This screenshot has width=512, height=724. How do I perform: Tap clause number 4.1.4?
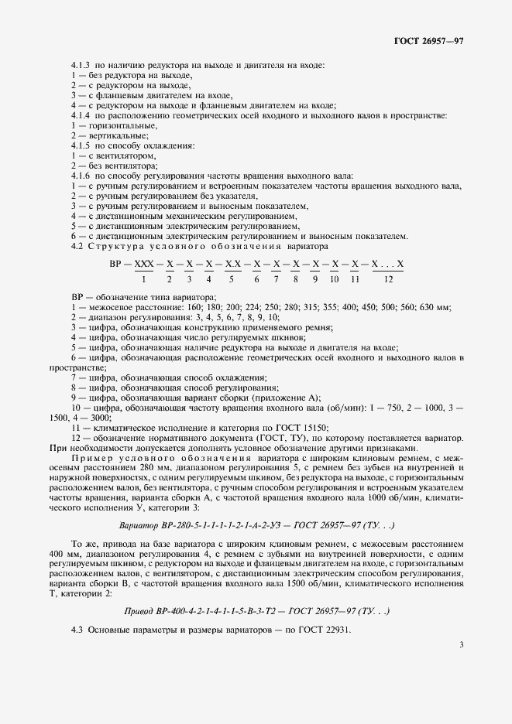click(81, 116)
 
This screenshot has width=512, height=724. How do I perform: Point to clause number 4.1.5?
click(81, 145)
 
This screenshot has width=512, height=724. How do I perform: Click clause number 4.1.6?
click(81, 176)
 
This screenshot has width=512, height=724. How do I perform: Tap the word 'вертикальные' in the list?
click(116, 135)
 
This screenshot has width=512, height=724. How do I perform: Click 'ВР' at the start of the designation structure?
click(119, 265)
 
